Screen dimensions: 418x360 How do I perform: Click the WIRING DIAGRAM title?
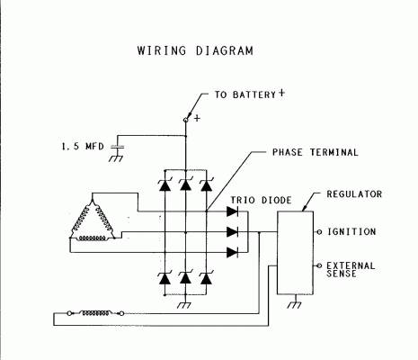[195, 50]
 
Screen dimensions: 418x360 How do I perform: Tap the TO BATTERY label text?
[245, 94]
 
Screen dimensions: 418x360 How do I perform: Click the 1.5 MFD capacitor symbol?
[117, 147]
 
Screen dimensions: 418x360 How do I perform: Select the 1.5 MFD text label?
[83, 147]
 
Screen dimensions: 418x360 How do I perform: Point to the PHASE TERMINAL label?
[315, 152]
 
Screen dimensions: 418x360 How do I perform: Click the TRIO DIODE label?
[261, 200]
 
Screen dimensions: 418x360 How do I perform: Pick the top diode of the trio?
[233, 211]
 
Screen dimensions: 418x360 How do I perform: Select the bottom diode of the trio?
[233, 252]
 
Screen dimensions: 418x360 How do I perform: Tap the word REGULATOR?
[354, 194]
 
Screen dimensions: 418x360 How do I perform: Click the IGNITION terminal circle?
[319, 232]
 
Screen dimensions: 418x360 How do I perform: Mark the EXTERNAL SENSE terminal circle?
[319, 265]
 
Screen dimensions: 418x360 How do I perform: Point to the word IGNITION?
[351, 231]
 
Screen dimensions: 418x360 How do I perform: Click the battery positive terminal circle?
[185, 120]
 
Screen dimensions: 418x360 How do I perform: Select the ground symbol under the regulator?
[295, 302]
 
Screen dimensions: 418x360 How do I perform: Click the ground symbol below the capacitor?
[117, 157]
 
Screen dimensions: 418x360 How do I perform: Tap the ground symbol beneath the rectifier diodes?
[184, 303]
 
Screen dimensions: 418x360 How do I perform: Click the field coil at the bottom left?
[95, 313]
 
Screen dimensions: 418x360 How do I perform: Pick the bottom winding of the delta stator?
[93, 238]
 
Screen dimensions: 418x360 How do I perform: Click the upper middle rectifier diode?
[185, 184]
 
